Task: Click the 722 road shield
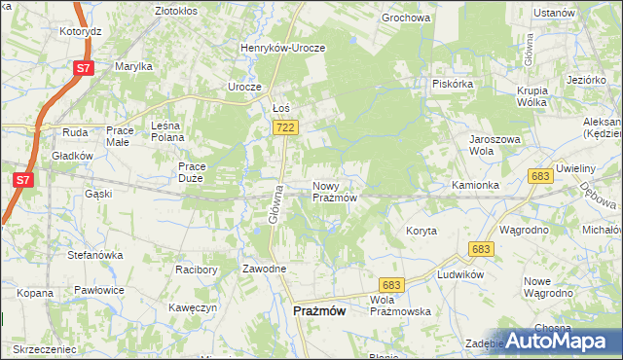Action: (x=286, y=127)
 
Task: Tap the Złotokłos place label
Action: (x=182, y=11)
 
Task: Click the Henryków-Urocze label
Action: (x=283, y=47)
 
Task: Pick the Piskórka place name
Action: (x=453, y=84)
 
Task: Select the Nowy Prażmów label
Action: (x=336, y=192)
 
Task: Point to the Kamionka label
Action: (x=475, y=185)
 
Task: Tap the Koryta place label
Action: (x=421, y=231)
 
